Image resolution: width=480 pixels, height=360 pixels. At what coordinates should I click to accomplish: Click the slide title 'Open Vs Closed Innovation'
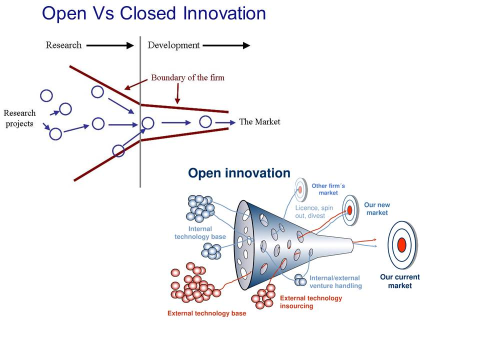point(154,13)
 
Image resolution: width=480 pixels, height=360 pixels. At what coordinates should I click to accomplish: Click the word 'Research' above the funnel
point(63,45)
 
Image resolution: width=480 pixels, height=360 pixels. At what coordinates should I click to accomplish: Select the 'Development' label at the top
point(173,45)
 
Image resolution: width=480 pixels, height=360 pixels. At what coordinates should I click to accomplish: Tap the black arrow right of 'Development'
point(226,45)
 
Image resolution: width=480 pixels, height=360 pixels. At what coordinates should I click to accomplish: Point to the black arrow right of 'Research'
point(110,45)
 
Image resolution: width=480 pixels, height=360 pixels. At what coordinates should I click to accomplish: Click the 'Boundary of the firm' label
point(187,77)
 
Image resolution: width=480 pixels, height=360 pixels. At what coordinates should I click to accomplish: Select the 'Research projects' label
point(19,118)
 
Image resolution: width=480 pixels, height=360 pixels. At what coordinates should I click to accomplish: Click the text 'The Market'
point(259,121)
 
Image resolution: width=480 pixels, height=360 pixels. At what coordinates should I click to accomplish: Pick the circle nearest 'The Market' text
point(205,121)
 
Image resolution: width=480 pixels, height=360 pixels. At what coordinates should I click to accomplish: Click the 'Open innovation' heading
point(239,173)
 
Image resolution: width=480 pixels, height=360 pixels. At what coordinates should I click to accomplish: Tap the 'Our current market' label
point(400,281)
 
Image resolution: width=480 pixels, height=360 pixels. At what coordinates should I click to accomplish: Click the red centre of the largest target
point(401,245)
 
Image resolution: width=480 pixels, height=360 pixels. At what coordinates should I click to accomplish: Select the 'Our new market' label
point(377,209)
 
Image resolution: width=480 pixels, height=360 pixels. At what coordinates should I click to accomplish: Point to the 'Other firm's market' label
point(328,189)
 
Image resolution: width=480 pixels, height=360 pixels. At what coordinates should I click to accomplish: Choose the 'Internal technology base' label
point(200,233)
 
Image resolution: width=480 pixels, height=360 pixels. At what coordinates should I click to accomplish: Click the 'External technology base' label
point(206,313)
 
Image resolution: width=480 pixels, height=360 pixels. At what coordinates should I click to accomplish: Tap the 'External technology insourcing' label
point(311,301)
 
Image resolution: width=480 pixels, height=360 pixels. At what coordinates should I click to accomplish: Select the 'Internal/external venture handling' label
point(335,282)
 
